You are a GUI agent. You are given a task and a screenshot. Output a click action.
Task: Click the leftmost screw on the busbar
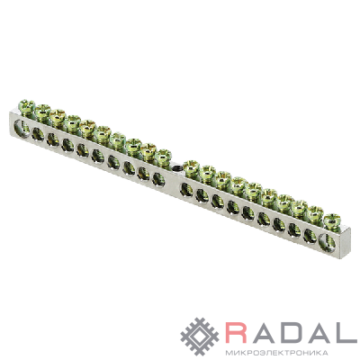coord(27,107)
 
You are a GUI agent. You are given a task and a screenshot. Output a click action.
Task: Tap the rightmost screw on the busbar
coord(332,222)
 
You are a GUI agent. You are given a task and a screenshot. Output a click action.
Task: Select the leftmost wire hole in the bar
coord(22,127)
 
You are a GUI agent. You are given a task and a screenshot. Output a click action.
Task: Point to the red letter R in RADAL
coord(237,332)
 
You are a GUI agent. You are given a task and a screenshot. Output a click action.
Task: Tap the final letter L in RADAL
coord(346,332)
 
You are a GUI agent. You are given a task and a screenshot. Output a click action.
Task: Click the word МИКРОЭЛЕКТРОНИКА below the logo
coord(276,352)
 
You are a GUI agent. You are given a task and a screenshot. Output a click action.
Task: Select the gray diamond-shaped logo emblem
coord(200,337)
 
